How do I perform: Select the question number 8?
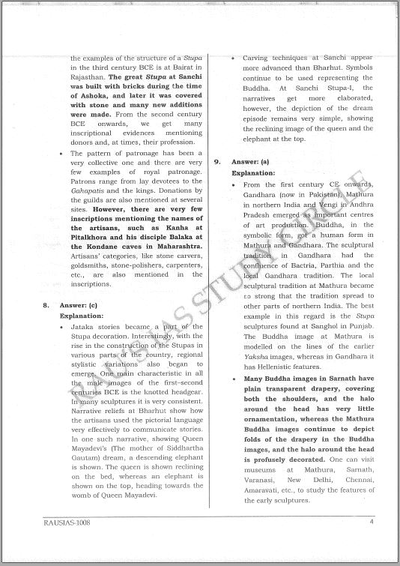tap(46, 306)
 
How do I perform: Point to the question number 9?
tap(217, 162)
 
